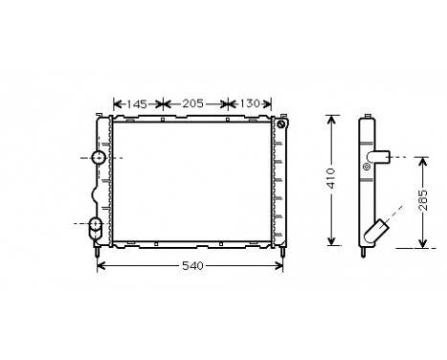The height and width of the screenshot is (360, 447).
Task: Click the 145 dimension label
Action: pos(138,102)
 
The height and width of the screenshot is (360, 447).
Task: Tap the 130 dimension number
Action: pos(247,102)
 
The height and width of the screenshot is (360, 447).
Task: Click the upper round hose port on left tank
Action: pos(98,157)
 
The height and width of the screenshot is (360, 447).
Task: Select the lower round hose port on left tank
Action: pos(96,226)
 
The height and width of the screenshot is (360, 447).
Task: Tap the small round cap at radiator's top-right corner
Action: pos(280,124)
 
